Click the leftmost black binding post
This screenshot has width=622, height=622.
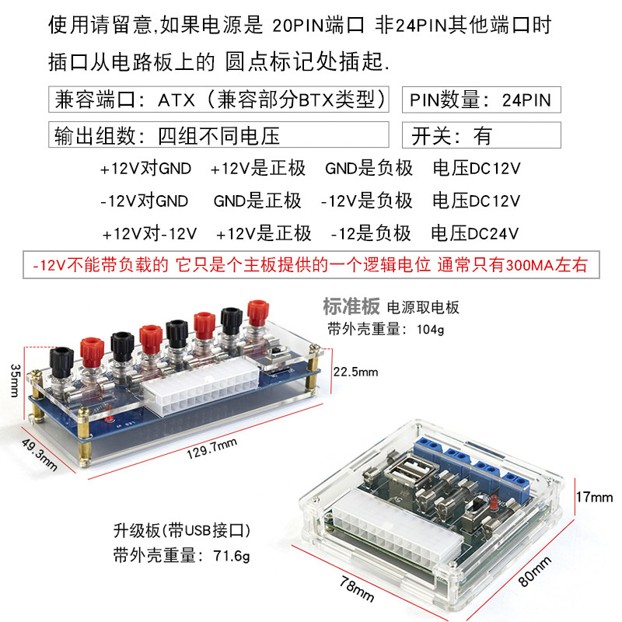click(x=61, y=360)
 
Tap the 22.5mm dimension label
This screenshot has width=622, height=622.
click(x=355, y=372)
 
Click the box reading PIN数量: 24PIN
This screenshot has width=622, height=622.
click(x=480, y=100)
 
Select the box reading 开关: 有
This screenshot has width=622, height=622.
click(x=480, y=136)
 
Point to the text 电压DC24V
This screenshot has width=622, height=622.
click(x=475, y=233)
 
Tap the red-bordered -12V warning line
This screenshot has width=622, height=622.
click(x=311, y=265)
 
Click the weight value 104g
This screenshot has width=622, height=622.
click(x=428, y=329)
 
